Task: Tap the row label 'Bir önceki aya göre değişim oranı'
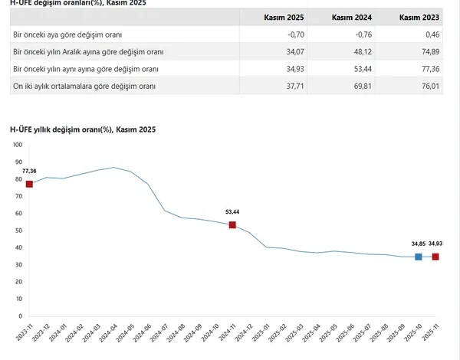67,35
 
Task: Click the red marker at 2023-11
29,184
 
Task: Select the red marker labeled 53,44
232,224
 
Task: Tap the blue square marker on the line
419,257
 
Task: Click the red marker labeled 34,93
435,257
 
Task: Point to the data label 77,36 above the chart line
29,171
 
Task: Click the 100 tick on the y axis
18,162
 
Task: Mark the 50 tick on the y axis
18,231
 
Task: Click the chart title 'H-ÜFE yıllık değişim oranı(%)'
83,129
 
